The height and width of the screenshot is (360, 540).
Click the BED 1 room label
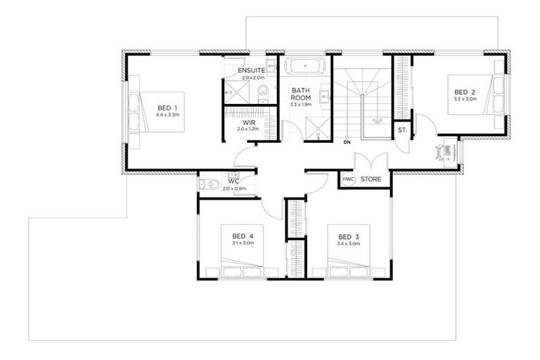pos(168,108)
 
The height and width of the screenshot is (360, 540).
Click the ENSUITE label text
pos(251,71)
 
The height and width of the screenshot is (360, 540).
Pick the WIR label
pos(248,122)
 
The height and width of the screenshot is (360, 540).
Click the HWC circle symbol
pos(348,180)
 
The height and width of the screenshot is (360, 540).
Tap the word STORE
pos(371,180)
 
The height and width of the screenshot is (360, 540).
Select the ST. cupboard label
pos(403,131)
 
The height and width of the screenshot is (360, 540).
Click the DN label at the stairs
pos(347,143)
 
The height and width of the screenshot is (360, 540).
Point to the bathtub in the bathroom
pos(304,67)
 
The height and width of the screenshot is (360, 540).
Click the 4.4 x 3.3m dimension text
pos(168,115)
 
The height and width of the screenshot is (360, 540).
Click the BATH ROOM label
pos(302,94)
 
